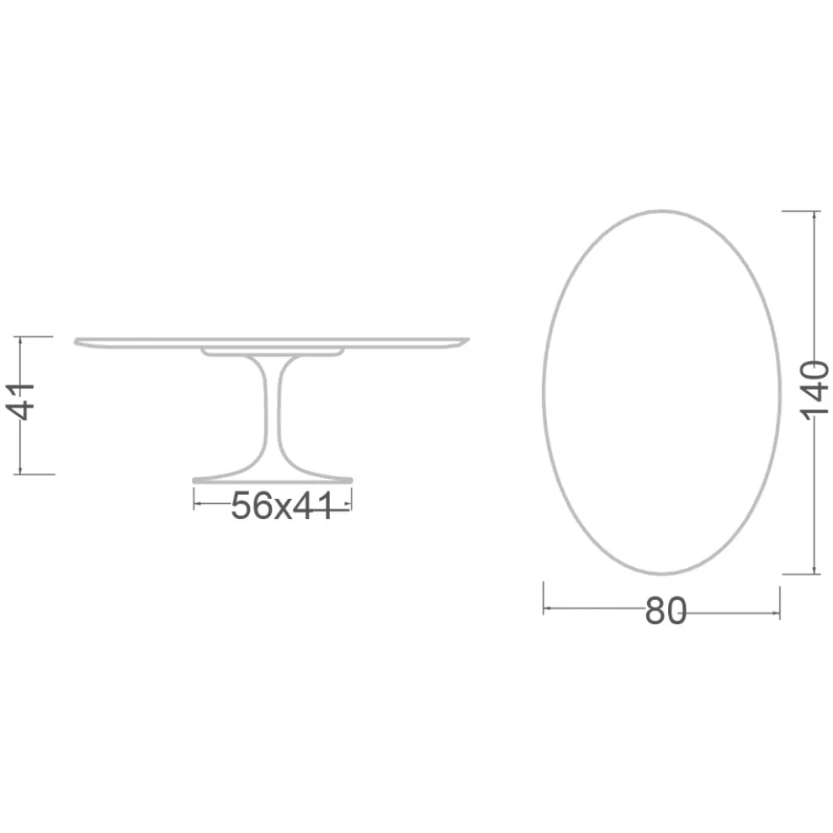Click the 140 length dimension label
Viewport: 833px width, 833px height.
click(x=814, y=391)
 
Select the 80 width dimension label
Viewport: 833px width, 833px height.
click(x=666, y=612)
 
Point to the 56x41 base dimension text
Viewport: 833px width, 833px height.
click(x=281, y=506)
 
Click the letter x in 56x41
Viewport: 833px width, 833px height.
click(x=279, y=507)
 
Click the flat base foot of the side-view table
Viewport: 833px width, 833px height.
click(x=273, y=480)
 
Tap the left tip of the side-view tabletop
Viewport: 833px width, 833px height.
click(x=77, y=341)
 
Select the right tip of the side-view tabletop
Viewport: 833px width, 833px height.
click(x=467, y=341)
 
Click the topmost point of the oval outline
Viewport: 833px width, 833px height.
click(x=662, y=210)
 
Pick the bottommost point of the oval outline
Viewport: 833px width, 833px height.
click(x=662, y=574)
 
